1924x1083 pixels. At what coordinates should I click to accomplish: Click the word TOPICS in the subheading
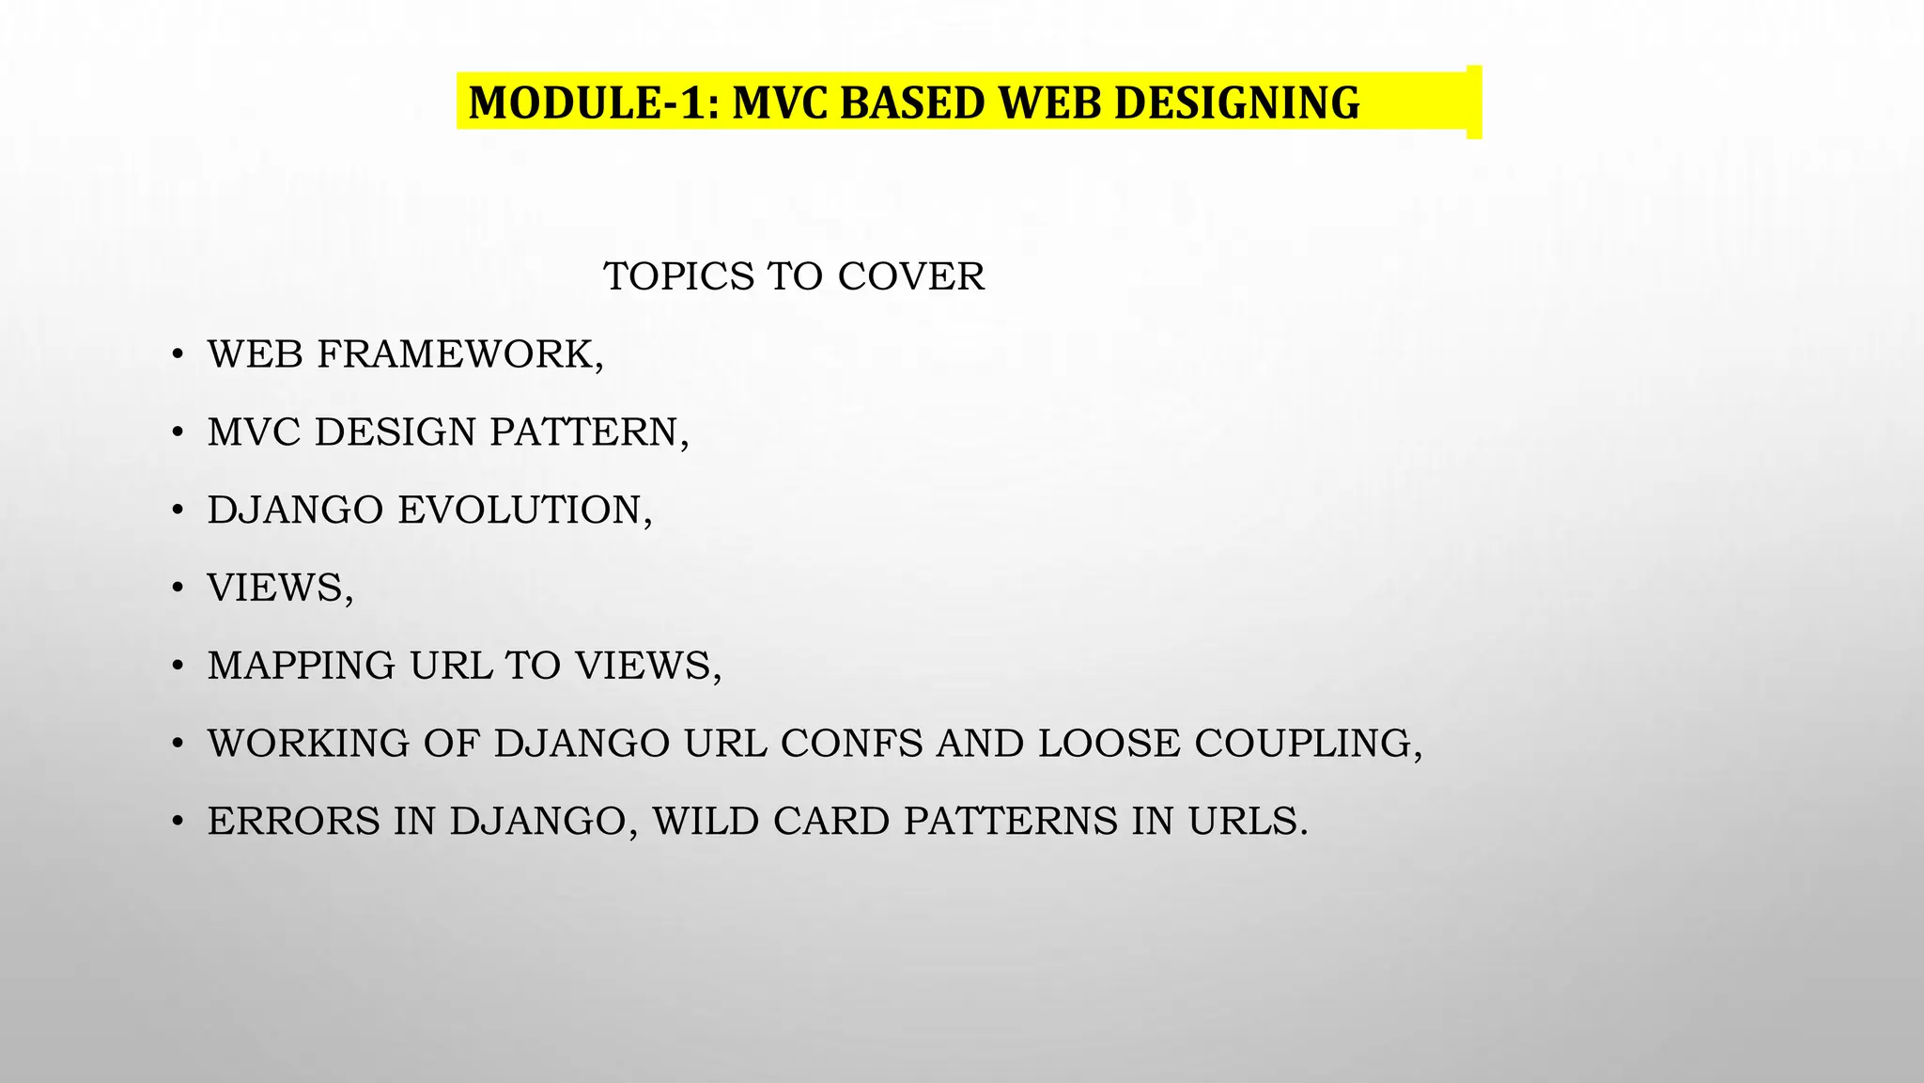(x=679, y=276)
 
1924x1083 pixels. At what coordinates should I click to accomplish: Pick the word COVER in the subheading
(x=910, y=276)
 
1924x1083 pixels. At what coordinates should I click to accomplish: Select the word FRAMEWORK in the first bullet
(x=459, y=354)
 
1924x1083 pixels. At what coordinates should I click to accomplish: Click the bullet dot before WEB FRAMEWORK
(x=177, y=356)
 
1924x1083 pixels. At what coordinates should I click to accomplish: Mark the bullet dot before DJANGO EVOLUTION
(x=177, y=511)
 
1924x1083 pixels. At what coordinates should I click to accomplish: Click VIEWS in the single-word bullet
(x=279, y=588)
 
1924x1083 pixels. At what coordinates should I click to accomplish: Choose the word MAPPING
(x=302, y=666)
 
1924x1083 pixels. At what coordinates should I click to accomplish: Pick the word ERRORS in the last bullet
(x=293, y=821)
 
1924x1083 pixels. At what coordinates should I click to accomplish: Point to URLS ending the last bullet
(x=1247, y=821)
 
